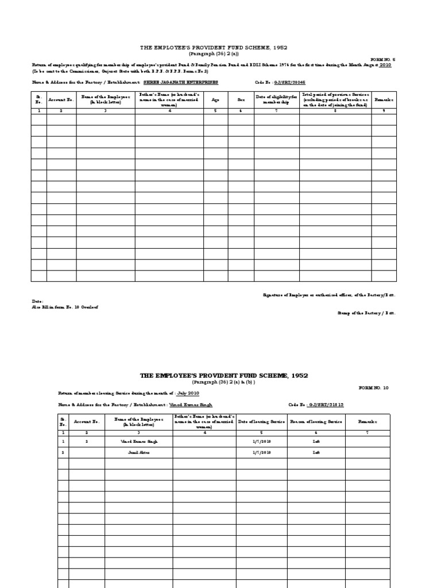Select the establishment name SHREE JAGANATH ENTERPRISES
181,82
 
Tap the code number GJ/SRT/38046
289,82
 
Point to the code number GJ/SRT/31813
327,404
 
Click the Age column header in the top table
215,99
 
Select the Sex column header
241,99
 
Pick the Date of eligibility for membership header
276,99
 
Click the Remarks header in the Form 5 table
384,99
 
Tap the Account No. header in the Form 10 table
87,421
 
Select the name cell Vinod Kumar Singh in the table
139,442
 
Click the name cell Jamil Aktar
139,452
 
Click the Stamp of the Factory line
366,313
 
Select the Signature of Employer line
328,295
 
